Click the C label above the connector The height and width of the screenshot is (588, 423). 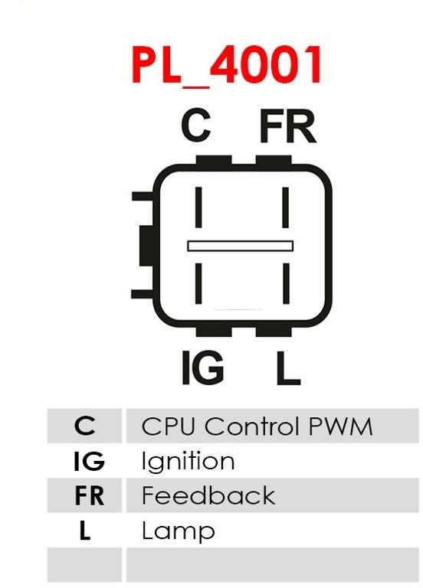(195, 126)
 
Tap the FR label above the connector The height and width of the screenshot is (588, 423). (287, 126)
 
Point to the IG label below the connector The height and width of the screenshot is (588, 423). (202, 367)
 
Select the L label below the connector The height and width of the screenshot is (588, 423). (288, 367)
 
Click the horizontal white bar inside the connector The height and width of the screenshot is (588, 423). (240, 246)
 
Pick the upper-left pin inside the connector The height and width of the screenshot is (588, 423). (198, 207)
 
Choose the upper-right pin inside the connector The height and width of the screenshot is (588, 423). (286, 207)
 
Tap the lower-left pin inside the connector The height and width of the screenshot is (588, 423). (198, 283)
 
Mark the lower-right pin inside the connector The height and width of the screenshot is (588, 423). (286, 283)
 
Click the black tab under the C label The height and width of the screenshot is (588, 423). (214, 161)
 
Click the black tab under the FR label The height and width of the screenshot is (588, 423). (274, 161)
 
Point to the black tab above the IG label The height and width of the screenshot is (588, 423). (214, 331)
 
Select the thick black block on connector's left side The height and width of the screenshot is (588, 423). (147, 246)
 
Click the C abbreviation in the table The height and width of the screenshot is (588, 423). (85, 426)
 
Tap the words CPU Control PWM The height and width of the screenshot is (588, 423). (257, 426)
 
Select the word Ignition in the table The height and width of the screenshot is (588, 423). (188, 462)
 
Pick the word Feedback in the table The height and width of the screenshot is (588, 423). (208, 495)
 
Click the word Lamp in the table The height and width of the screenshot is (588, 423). (179, 531)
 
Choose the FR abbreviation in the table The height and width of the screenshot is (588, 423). (90, 495)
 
